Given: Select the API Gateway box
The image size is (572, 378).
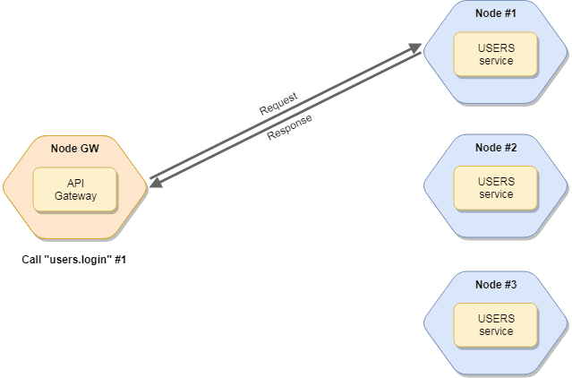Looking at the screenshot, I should [75, 189].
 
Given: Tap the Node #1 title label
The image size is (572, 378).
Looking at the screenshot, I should [495, 13].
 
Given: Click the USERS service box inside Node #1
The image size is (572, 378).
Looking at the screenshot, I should [495, 55].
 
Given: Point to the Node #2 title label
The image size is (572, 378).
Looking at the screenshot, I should [495, 148].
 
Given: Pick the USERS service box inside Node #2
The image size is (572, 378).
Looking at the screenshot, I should [495, 188].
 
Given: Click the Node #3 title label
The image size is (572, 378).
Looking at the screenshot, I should [495, 284].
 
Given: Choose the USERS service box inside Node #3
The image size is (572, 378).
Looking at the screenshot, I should [495, 324].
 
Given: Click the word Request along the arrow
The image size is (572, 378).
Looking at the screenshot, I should [278, 103].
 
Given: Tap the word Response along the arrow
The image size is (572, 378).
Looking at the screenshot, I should [289, 127].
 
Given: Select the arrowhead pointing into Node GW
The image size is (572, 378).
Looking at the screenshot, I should [155, 183].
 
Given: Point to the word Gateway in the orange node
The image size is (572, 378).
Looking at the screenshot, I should [75, 195].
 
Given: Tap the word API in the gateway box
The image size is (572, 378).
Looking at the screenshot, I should [75, 183].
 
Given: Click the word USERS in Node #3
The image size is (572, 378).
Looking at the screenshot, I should [495, 318].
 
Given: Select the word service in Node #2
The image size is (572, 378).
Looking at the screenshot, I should [495, 194].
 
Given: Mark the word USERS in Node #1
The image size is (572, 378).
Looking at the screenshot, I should [495, 48].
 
